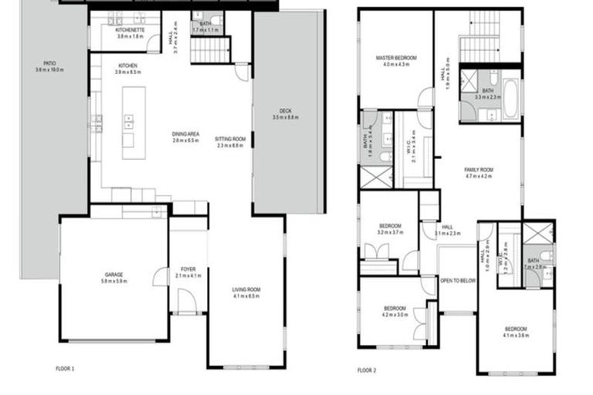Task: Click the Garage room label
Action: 114,275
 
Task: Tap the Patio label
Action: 50,64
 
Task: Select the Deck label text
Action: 285,112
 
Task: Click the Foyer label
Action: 188,269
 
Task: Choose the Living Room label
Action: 247,289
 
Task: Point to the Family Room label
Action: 479,170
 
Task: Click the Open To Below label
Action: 457,281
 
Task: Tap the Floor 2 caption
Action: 367,370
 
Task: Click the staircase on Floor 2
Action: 485,48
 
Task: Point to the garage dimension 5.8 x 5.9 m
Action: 114,281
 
